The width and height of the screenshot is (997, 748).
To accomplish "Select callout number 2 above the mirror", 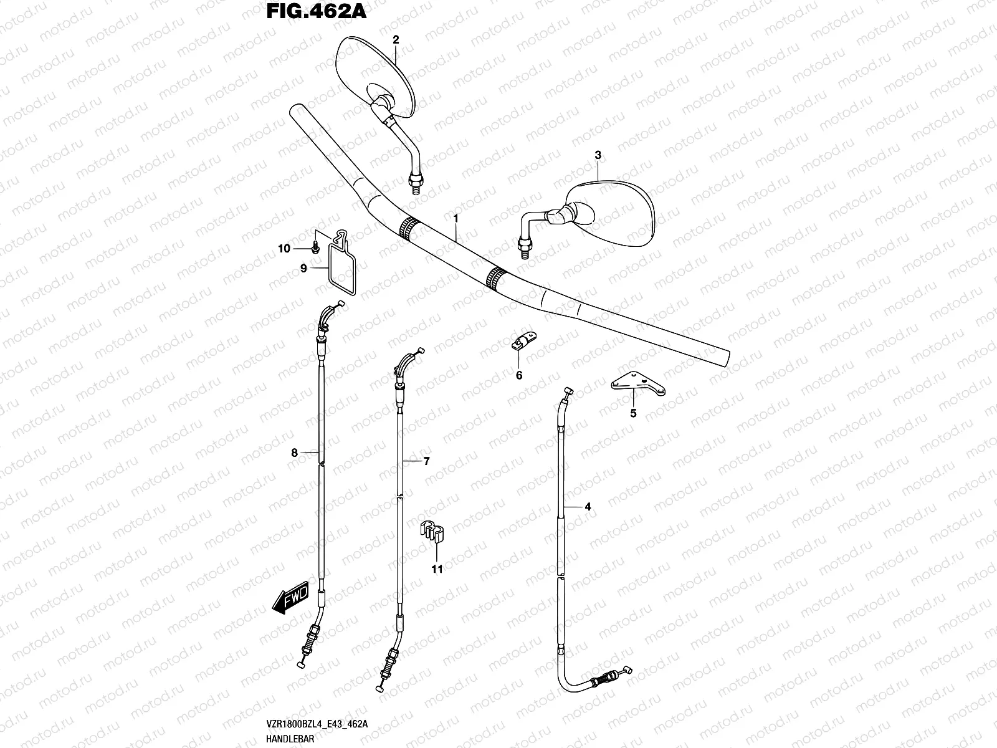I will (395, 39).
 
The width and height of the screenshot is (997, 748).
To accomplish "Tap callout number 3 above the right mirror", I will (598, 155).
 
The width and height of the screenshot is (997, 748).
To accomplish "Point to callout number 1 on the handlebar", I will (456, 219).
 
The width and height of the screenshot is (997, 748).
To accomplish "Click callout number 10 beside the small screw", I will (284, 249).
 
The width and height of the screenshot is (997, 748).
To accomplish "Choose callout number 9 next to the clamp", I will (303, 269).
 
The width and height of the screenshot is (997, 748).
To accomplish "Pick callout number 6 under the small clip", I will (518, 375).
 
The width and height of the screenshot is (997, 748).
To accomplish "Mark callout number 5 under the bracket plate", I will (633, 413).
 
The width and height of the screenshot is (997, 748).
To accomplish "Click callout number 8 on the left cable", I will (295, 453).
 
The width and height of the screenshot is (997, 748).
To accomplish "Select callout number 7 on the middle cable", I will (426, 461).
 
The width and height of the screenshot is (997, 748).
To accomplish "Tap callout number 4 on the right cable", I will (587, 507).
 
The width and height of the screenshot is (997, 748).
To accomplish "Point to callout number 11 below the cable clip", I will (437, 569).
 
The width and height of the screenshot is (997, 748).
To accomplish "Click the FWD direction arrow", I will (290, 602).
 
